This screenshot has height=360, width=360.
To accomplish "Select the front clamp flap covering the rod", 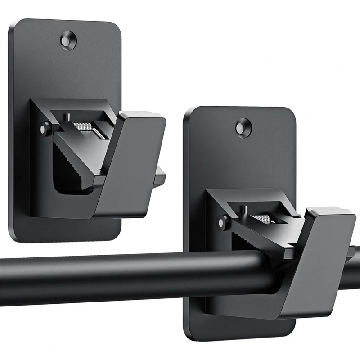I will pyautogui.click(x=315, y=261).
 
